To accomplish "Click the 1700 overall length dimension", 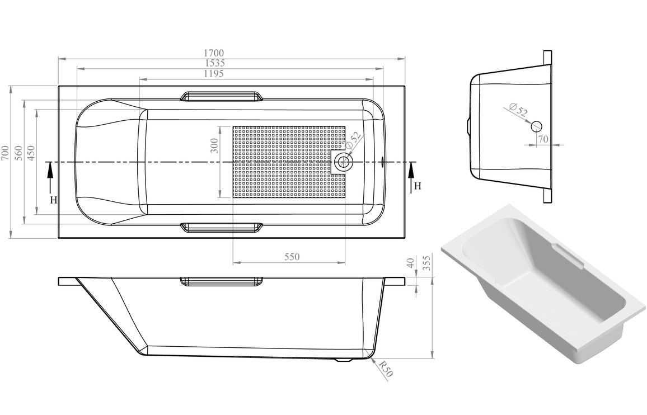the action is (x=213, y=53).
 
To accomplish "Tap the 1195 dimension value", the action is (x=214, y=74).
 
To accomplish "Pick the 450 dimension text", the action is (x=31, y=153).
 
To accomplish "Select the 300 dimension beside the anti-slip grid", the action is (x=214, y=145).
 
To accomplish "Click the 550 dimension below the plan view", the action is (x=292, y=257).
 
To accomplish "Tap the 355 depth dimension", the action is (x=427, y=263).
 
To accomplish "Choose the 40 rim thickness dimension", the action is (x=411, y=263).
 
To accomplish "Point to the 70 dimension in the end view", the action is (x=543, y=139).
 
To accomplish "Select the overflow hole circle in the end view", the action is (x=537, y=126).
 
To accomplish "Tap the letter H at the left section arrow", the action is (x=53, y=200).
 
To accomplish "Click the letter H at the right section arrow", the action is (x=418, y=186).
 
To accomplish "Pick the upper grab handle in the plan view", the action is (x=222, y=96).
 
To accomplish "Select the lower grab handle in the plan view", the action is (x=222, y=227).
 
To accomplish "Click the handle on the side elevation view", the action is (x=222, y=281).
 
